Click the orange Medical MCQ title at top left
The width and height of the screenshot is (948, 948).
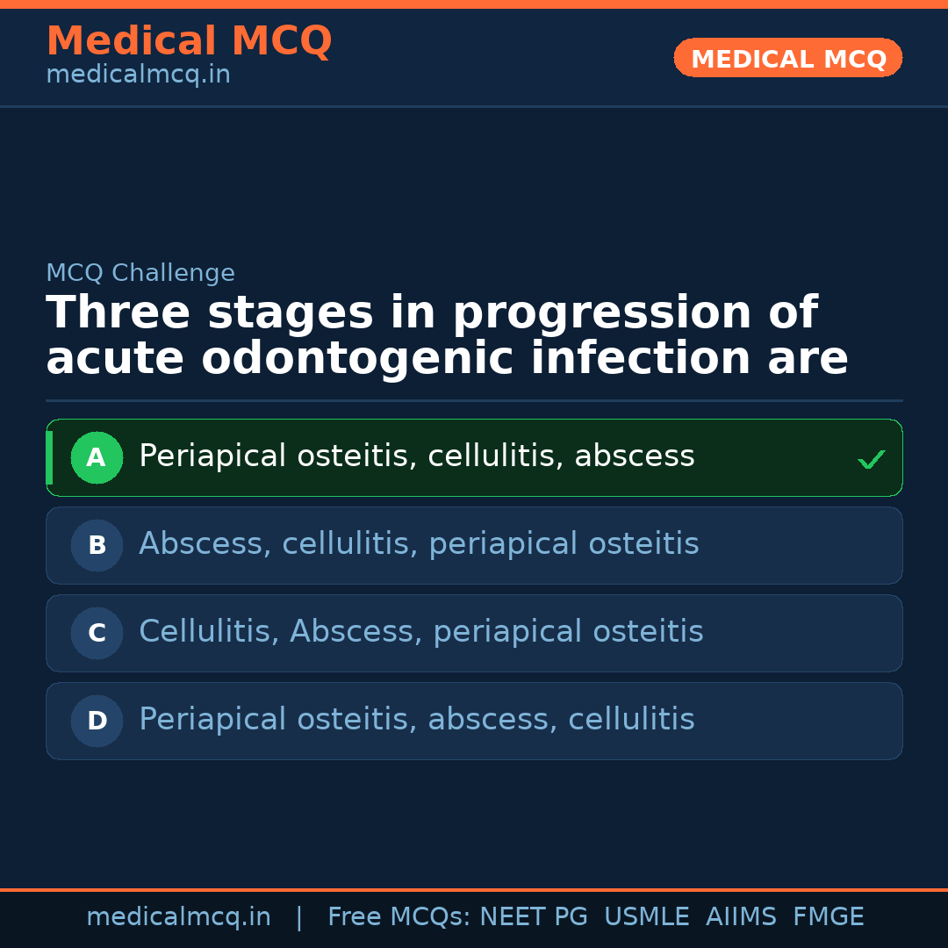tap(189, 41)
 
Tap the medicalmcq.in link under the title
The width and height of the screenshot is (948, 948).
tap(138, 75)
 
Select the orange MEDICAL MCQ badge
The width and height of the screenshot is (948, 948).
tap(787, 59)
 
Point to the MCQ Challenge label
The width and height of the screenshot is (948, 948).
tap(140, 274)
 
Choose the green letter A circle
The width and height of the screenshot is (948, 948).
tap(97, 457)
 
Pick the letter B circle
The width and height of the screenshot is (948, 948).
tap(97, 545)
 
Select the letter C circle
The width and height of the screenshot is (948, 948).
tap(97, 633)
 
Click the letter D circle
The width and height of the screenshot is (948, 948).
tap(97, 721)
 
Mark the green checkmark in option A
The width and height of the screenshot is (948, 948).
tap(871, 459)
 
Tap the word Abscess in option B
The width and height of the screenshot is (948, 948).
tap(205, 545)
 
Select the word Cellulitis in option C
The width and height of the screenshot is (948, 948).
tap(209, 633)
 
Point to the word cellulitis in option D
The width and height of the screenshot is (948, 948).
tap(631, 721)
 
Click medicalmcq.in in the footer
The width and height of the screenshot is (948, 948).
tap(178, 917)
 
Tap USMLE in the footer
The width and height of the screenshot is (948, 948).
tap(646, 917)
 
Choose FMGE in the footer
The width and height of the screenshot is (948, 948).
tap(828, 917)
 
